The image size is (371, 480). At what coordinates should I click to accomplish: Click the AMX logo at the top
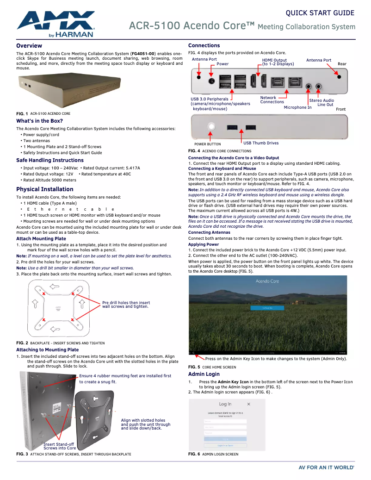(56, 24)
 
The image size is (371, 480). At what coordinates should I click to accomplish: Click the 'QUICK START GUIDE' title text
(320, 13)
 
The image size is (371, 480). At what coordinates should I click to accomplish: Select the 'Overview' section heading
(29, 46)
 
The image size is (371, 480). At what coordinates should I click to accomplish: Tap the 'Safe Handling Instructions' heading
(50, 160)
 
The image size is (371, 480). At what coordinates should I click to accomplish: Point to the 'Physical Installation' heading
(45, 189)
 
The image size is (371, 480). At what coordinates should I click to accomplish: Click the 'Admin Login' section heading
(204, 374)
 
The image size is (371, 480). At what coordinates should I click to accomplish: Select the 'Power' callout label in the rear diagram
(223, 64)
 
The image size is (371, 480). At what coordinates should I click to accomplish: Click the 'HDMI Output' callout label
(274, 60)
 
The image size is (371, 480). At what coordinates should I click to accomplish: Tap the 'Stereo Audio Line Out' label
(322, 102)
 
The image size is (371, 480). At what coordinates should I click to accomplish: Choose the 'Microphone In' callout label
(297, 107)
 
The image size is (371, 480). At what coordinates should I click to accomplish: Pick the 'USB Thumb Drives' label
(261, 143)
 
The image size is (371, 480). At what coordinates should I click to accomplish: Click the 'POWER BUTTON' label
(208, 144)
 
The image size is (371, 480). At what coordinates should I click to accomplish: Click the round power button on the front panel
(212, 126)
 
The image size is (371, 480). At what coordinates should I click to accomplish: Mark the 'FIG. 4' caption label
(194, 151)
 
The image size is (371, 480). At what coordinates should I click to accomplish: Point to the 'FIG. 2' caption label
(22, 343)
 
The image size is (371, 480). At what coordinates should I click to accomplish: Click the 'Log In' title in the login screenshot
(225, 404)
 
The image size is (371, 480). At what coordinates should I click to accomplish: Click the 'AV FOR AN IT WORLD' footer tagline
(327, 468)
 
